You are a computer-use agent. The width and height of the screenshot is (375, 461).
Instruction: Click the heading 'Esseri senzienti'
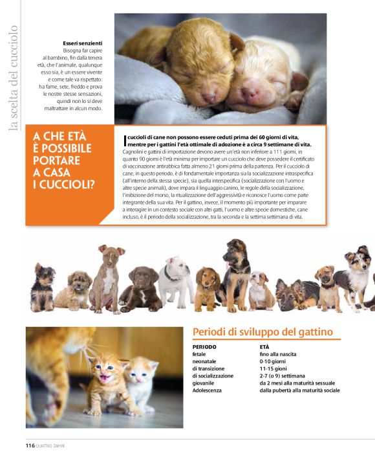[x=82, y=43]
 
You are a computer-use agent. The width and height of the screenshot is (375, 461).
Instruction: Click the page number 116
[x=30, y=445]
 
